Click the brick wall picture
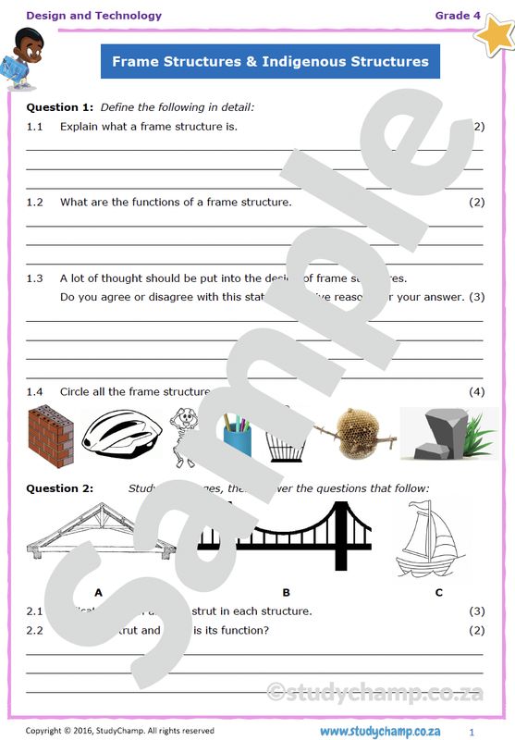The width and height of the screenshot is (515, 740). (50, 436)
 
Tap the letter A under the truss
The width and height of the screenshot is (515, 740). (98, 593)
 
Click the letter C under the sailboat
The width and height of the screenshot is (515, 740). (438, 593)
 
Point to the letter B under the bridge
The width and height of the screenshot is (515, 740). (286, 593)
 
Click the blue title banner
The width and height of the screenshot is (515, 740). (270, 62)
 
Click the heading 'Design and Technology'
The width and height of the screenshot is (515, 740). (93, 16)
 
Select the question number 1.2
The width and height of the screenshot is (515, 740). (35, 202)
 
